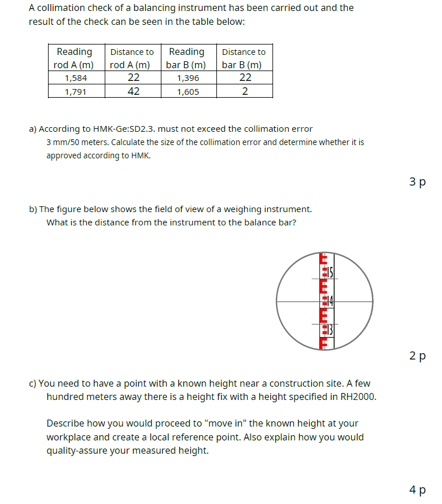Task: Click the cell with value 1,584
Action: pyautogui.click(x=76, y=78)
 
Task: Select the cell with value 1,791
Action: pyautogui.click(x=76, y=91)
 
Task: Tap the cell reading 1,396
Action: pyautogui.click(x=187, y=78)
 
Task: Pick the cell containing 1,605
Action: pyautogui.click(x=187, y=91)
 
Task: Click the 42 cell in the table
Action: pyautogui.click(x=133, y=91)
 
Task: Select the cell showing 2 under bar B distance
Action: pyautogui.click(x=245, y=91)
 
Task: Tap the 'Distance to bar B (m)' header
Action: pyautogui.click(x=244, y=58)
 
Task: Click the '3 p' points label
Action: pyautogui.click(x=417, y=181)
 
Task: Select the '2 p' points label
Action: pyautogui.click(x=417, y=355)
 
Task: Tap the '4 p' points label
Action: pyautogui.click(x=417, y=490)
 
